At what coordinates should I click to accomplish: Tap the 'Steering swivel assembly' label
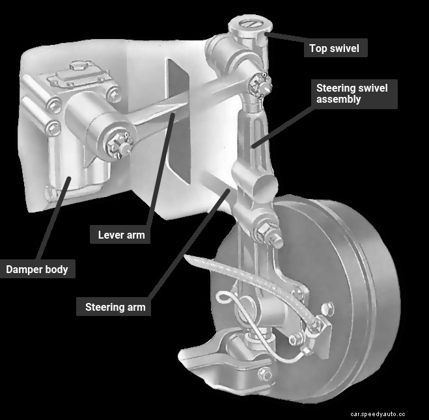click(355, 93)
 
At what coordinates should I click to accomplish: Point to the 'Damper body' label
click(37, 269)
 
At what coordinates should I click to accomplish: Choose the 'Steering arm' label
click(115, 306)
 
